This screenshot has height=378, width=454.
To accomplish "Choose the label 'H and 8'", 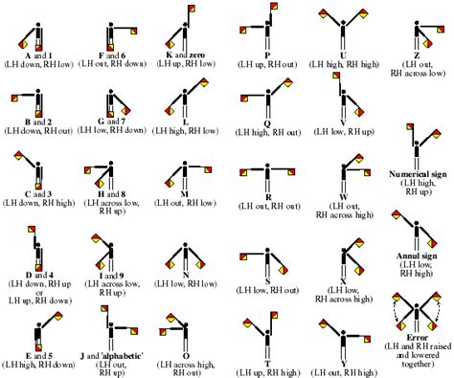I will (112, 194).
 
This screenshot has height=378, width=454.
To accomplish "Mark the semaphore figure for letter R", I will (268, 172).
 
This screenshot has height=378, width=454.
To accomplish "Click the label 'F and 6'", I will (113, 55).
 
